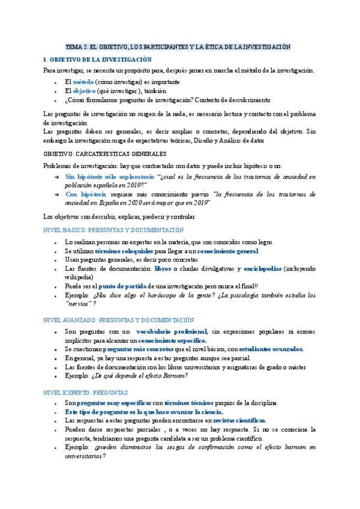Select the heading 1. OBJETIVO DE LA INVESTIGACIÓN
[x=98, y=59]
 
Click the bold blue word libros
[x=162, y=269]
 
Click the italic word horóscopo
[x=170, y=295]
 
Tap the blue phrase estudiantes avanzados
[x=271, y=349]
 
